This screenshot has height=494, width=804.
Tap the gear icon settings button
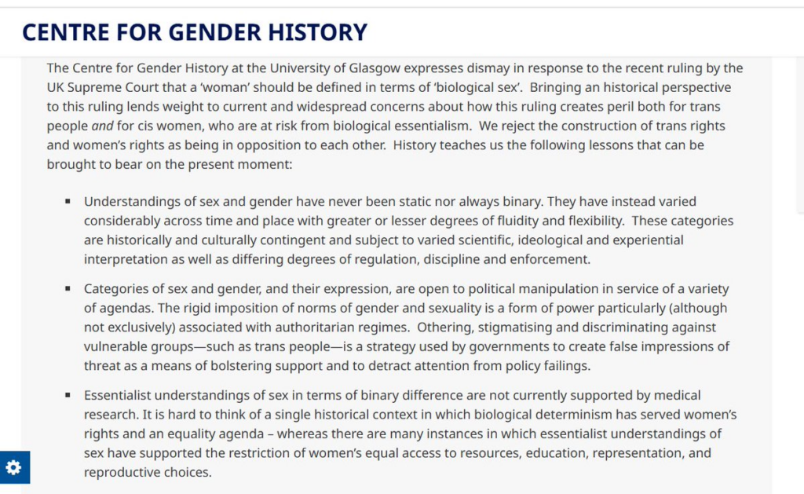point(14,467)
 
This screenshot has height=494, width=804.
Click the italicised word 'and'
point(102,126)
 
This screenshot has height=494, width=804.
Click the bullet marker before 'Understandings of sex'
point(68,202)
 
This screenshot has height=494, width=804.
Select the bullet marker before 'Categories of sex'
point(68,289)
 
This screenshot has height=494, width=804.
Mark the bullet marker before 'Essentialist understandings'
point(68,395)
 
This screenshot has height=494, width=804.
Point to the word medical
point(677,396)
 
